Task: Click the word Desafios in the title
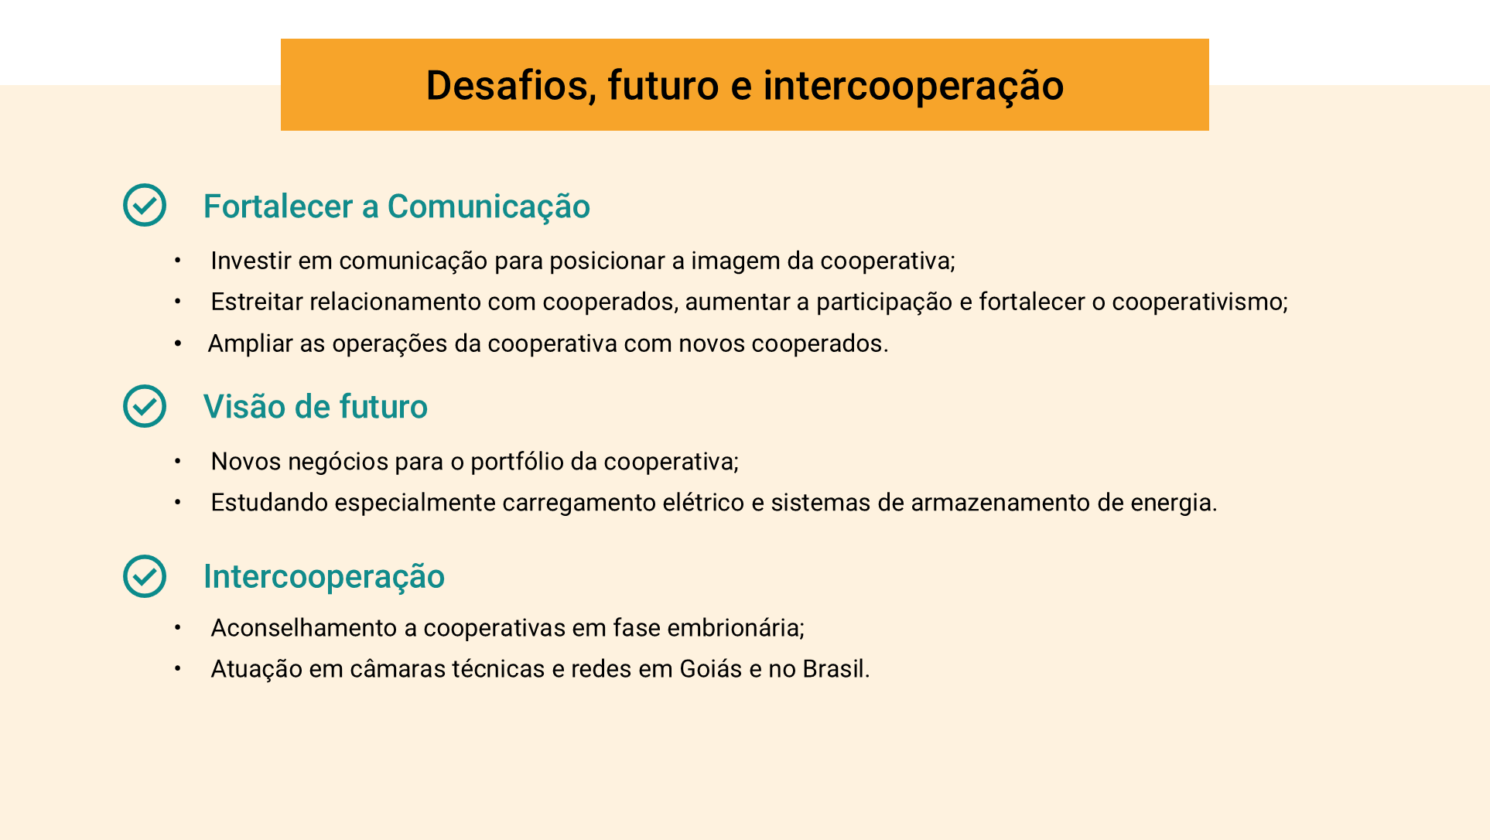point(511,85)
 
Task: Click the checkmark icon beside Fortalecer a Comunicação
point(145,205)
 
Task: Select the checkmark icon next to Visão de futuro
point(145,406)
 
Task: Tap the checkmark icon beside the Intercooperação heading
point(145,576)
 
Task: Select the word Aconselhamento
point(304,628)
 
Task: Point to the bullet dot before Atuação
point(177,668)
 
